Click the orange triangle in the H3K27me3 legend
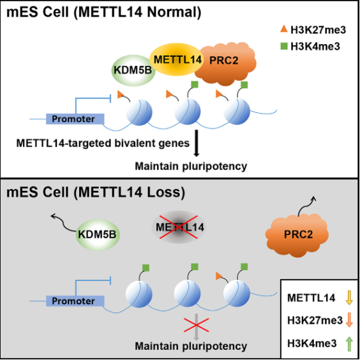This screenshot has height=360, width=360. (284, 29)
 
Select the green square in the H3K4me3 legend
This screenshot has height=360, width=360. (284, 46)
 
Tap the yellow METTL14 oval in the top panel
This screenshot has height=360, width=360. (176, 59)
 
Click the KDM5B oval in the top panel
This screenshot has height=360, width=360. (133, 70)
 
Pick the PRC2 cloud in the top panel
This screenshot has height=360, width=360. (225, 63)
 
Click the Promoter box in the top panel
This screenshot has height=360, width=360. (75, 119)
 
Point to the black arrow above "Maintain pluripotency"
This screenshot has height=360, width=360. (197, 143)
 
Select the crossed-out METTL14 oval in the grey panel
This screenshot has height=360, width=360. (179, 227)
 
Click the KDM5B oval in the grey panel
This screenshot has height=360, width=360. (98, 235)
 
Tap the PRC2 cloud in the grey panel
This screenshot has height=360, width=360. (297, 236)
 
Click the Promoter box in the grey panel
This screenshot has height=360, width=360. (75, 301)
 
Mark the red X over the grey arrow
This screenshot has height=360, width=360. (197, 325)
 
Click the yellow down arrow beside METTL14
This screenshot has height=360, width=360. (349, 297)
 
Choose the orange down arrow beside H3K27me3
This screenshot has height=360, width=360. (349, 320)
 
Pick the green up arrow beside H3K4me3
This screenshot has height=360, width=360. (349, 343)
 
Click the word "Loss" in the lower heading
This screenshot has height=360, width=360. (163, 192)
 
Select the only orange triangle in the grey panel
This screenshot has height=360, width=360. (220, 276)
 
